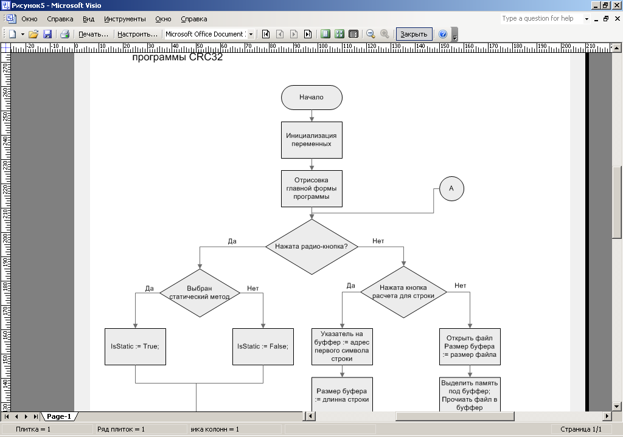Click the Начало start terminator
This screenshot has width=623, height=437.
pos(311,97)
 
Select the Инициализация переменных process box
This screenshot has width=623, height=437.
pos(311,140)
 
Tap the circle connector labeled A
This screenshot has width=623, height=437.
pos(451,188)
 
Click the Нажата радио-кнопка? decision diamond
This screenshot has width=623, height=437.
pos(311,247)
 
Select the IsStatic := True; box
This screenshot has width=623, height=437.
pos(135,346)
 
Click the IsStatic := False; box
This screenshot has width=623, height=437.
pos(263,346)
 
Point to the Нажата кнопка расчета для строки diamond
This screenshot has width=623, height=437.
pos(403,292)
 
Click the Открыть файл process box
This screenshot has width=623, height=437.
pos(470,346)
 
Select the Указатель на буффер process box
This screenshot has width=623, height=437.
pos(342,346)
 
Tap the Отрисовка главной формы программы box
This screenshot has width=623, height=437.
pos(311,188)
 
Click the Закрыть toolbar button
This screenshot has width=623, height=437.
pos(414,34)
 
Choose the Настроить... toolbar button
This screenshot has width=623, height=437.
pos(137,34)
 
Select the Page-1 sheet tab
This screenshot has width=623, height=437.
pos(60,416)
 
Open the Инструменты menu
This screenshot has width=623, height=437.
pos(125,19)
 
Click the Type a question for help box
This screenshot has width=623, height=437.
pos(540,19)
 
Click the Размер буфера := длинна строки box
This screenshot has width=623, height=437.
pos(342,395)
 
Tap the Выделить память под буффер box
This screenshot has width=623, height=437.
pos(470,395)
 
